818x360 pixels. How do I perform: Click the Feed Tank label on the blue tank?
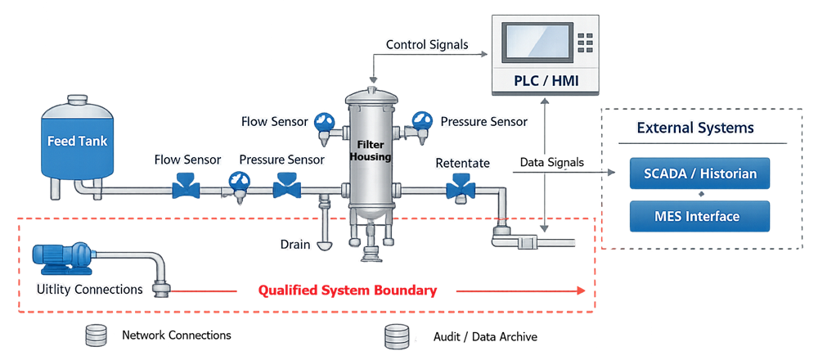77,141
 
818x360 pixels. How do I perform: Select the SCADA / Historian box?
699,173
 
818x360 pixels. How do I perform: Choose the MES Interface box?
699,217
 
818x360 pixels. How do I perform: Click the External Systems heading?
694,128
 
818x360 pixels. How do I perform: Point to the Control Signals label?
426,44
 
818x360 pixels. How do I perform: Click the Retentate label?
462,163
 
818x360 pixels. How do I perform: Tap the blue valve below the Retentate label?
461,189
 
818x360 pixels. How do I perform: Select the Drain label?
295,244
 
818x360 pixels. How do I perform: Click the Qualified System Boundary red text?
347,290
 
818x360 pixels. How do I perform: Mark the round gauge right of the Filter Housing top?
422,120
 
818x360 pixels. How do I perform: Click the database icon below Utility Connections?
96,335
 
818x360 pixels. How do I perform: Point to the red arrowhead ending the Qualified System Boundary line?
581,290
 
